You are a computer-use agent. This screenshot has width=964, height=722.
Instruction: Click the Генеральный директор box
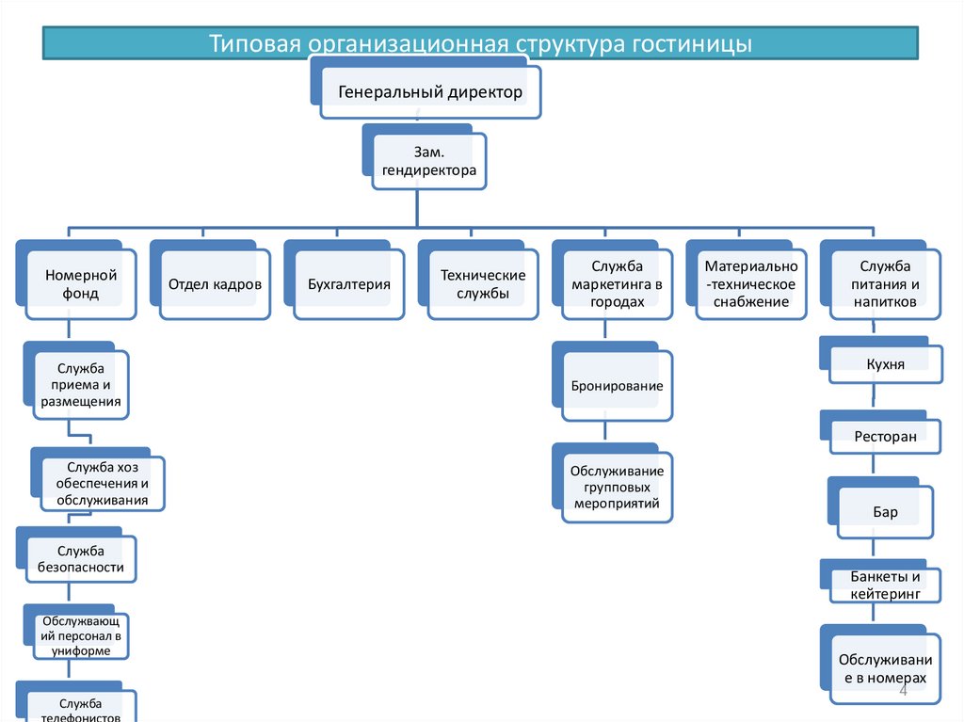(x=430, y=93)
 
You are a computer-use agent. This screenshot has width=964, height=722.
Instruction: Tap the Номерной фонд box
(x=81, y=284)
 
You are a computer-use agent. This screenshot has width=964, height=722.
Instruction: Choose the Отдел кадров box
(x=215, y=284)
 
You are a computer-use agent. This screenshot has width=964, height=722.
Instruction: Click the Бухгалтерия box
(x=348, y=284)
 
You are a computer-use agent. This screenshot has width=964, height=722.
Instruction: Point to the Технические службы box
(x=483, y=284)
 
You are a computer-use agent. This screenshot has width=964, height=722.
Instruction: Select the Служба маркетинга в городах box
(x=618, y=284)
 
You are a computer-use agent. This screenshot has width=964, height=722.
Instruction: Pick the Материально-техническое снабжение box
(x=751, y=284)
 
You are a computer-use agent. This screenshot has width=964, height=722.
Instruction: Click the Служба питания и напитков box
(x=885, y=284)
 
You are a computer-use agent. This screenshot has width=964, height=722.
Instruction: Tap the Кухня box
(x=885, y=363)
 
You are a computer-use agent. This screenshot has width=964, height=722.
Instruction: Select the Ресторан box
(x=885, y=436)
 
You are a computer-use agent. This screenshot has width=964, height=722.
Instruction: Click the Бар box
(x=885, y=513)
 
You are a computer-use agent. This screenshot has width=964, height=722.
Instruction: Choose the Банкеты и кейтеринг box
(x=885, y=585)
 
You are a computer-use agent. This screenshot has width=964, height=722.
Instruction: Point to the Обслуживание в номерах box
(x=885, y=668)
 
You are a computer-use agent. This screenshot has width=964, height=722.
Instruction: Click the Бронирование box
(x=618, y=386)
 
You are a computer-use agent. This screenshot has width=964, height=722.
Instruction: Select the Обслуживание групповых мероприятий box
(x=618, y=487)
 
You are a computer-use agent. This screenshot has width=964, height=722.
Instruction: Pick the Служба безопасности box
(x=81, y=559)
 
